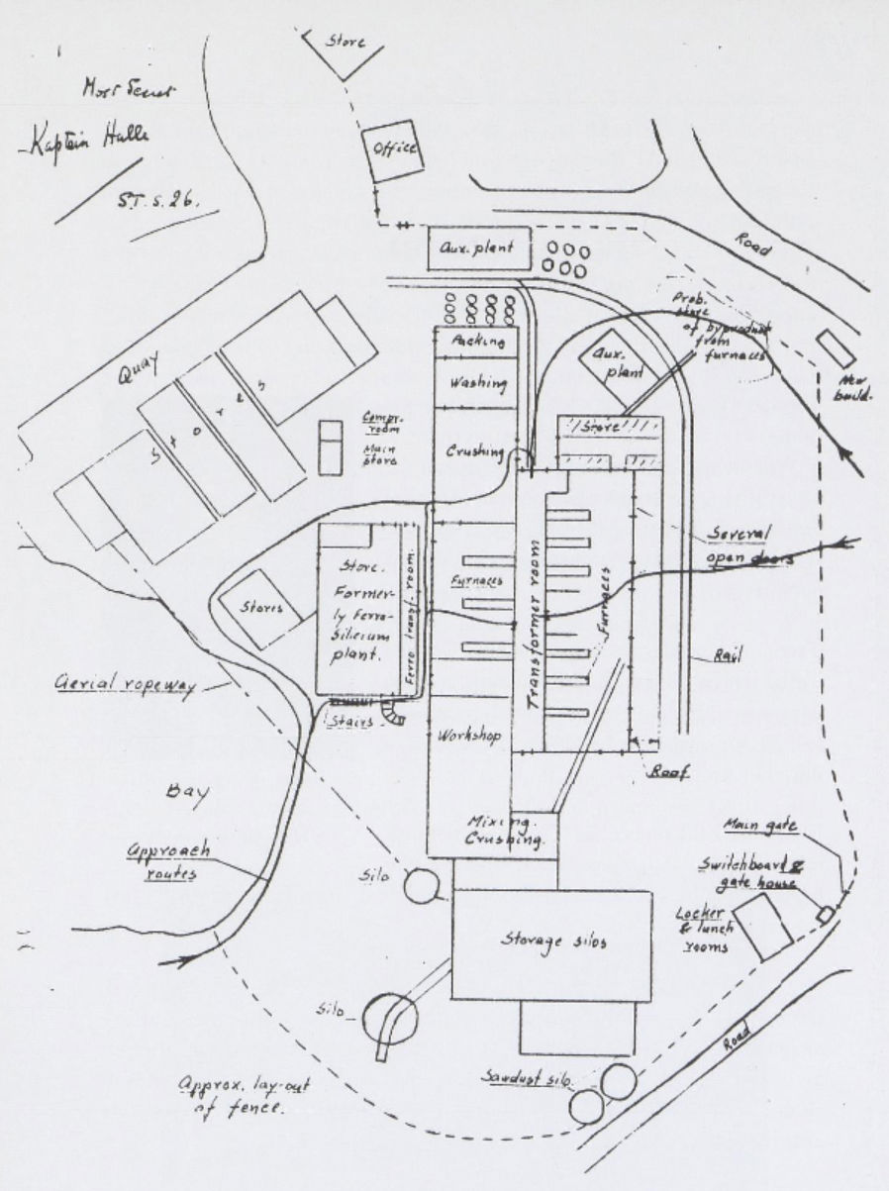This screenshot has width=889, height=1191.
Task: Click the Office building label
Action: click(395, 152)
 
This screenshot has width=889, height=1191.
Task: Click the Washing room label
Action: click(478, 382)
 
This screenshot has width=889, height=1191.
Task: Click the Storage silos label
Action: click(552, 942)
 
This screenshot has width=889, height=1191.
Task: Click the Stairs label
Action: click(353, 722)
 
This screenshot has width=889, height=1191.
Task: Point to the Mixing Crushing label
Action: click(503, 832)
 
